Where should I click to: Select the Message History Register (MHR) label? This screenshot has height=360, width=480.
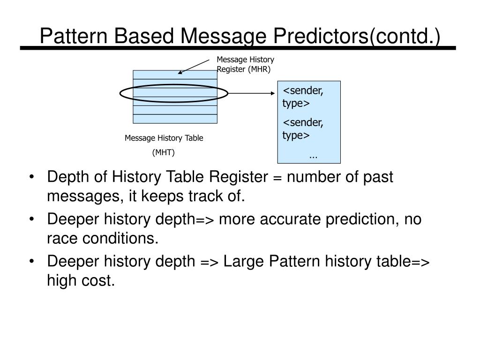tap(245, 65)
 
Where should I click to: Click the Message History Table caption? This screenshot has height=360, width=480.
tap(164, 138)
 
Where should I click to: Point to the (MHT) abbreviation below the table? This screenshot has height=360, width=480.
tap(164, 152)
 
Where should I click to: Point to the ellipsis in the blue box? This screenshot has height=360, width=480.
tap(313, 155)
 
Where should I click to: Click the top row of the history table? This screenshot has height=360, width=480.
tap(175, 75)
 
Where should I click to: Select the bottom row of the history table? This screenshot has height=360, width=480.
tap(175, 119)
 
